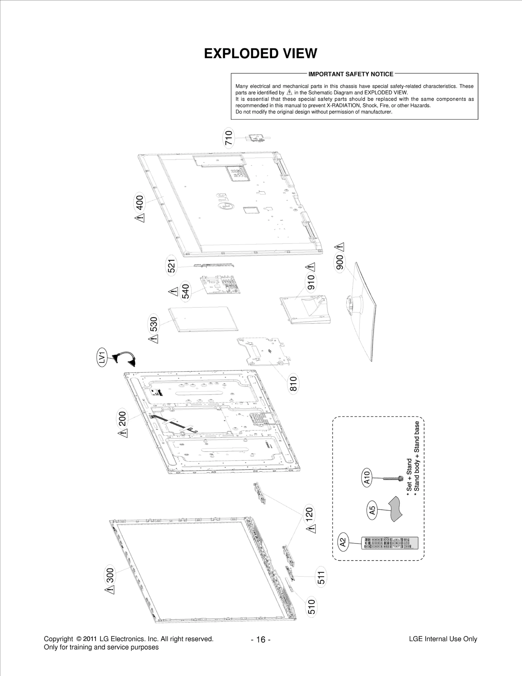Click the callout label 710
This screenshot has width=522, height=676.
[x=229, y=138]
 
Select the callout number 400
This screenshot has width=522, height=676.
[x=140, y=203]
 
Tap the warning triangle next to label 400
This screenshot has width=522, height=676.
[x=140, y=218]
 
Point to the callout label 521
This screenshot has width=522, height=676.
[x=172, y=266]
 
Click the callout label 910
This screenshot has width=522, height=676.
[x=311, y=282]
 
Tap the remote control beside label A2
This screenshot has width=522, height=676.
[x=390, y=542]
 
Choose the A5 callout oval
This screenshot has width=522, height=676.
[x=372, y=510]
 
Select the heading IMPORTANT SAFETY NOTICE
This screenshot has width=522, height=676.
[x=351, y=74]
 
